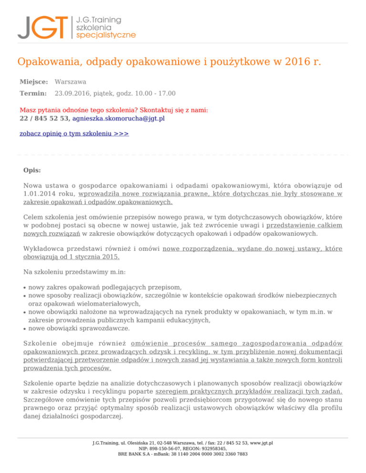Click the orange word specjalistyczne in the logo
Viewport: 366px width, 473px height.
point(106,35)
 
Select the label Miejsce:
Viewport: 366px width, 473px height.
point(34,82)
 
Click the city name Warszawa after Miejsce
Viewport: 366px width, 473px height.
point(71,82)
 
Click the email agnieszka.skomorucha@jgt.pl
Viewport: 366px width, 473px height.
point(118,118)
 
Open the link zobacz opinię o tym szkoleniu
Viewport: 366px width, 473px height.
point(74,134)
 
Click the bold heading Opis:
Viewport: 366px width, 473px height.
point(32,170)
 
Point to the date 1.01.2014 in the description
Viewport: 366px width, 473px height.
point(40,194)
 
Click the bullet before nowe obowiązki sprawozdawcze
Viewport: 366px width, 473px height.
point(24,328)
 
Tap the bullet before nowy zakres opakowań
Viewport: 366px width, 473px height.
point(24,288)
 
